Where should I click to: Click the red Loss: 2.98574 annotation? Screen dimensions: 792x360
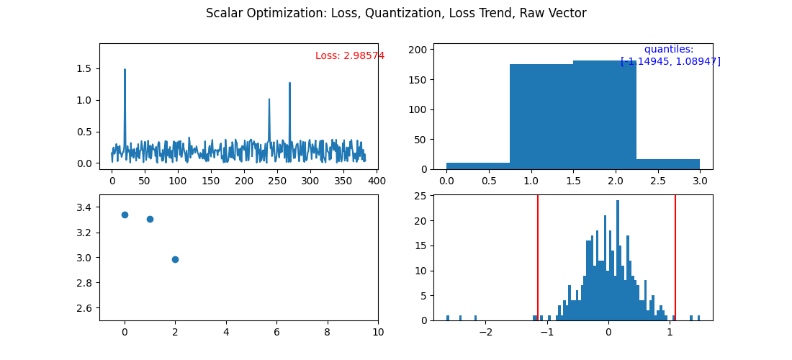pyautogui.click(x=350, y=56)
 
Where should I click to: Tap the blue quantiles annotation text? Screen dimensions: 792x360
pyautogui.click(x=670, y=55)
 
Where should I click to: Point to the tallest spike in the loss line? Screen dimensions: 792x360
pyautogui.click(x=125, y=70)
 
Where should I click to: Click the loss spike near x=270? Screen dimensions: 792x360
pyautogui.click(x=289, y=84)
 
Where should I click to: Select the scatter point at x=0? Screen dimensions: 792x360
pyautogui.click(x=125, y=215)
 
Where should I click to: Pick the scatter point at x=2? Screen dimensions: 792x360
pyautogui.click(x=175, y=259)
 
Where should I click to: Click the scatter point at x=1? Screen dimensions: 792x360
pyautogui.click(x=150, y=219)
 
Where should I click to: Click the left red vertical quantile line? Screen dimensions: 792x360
pyautogui.click(x=538, y=258)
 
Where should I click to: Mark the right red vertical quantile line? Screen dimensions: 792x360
pyautogui.click(x=675, y=258)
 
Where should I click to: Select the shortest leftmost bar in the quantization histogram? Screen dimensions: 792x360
pyautogui.click(x=478, y=166)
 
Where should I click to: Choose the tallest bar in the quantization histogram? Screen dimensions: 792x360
pyautogui.click(x=605, y=115)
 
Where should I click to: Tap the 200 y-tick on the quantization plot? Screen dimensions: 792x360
pyautogui.click(x=420, y=50)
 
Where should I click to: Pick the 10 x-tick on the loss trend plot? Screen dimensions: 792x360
pyautogui.click(x=378, y=332)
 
